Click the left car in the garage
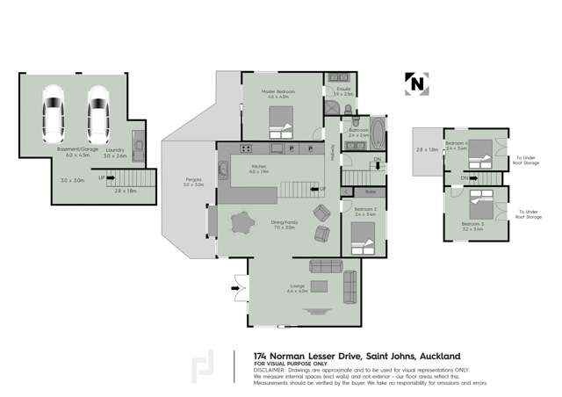pyautogui.click(x=54, y=112)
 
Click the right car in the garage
pyautogui.click(x=97, y=112)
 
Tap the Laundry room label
pyautogui.click(x=116, y=151)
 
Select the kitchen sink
pyautogui.click(x=224, y=169)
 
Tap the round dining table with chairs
pyautogui.click(x=241, y=221)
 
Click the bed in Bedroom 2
pyautogui.click(x=362, y=236)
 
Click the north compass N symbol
pyautogui.click(x=415, y=83)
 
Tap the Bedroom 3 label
pyautogui.click(x=472, y=225)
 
